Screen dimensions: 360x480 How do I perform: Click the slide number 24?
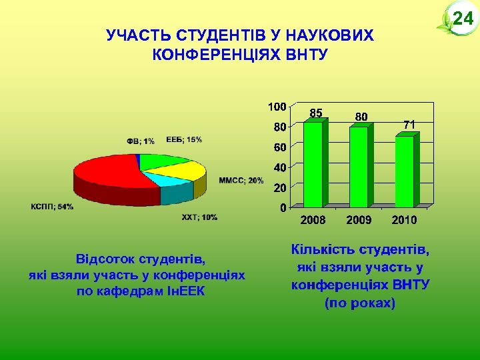click(x=462, y=19)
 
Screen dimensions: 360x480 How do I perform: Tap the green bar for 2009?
click(x=358, y=167)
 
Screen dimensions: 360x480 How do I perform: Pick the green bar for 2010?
click(x=404, y=171)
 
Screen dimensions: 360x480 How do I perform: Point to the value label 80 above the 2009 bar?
click(x=361, y=117)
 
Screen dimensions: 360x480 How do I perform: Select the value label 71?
click(x=409, y=125)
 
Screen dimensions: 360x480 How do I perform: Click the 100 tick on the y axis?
click(x=277, y=106)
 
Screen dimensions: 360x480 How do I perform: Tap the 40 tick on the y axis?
click(x=280, y=167)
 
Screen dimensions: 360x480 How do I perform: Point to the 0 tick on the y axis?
click(x=283, y=207)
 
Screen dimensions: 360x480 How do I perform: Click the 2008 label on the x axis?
click(x=313, y=219)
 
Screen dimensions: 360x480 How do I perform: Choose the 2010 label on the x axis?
click(x=404, y=219)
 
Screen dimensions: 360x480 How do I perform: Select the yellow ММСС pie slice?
click(x=187, y=171)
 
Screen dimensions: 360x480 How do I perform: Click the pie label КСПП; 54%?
click(x=52, y=207)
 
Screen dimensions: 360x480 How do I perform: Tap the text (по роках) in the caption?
click(x=360, y=303)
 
